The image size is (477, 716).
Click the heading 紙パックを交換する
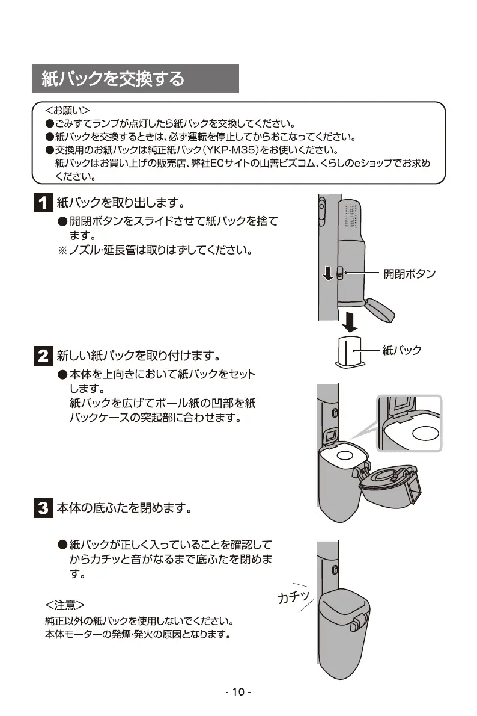(x=113, y=79)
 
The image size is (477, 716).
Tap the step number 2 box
(x=42, y=355)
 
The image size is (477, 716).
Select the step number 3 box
(x=42, y=508)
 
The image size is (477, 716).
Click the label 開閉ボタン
(x=409, y=274)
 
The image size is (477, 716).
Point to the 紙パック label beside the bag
(x=402, y=350)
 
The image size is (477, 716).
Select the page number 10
(x=238, y=692)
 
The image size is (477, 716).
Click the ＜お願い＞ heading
(x=67, y=111)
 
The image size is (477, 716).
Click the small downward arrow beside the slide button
(x=327, y=274)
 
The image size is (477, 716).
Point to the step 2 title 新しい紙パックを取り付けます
(x=138, y=355)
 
